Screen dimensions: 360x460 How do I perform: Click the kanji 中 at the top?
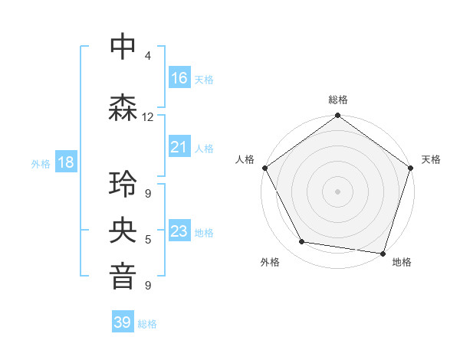point(123,47)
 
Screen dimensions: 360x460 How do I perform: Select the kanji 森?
point(123,108)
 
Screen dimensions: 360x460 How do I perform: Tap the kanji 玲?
point(123,184)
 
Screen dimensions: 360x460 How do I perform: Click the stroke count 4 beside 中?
point(148,56)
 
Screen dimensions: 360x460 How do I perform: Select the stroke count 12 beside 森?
point(148,117)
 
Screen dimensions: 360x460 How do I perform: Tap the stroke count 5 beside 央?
point(148,240)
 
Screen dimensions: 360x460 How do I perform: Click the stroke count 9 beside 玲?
point(148,193)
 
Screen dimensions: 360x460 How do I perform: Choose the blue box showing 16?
point(179,77)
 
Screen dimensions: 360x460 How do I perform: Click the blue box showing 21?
point(179,147)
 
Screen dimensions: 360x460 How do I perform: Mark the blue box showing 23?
point(179,231)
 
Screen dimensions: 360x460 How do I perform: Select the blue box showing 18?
point(65,162)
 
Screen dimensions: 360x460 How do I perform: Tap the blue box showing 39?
point(123,322)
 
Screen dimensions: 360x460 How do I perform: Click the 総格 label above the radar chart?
point(338,100)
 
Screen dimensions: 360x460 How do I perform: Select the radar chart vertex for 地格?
point(383,253)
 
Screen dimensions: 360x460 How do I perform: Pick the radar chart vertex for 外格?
point(302,242)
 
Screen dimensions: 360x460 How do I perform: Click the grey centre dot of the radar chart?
point(338,191)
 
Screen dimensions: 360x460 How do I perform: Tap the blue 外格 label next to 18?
point(41,163)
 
